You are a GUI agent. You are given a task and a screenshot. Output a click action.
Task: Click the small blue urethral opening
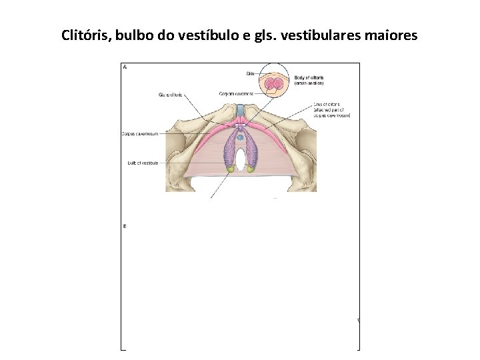(240, 137)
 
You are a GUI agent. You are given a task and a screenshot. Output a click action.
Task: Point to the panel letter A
(125, 67)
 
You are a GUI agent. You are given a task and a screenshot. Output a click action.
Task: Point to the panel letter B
(125, 226)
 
